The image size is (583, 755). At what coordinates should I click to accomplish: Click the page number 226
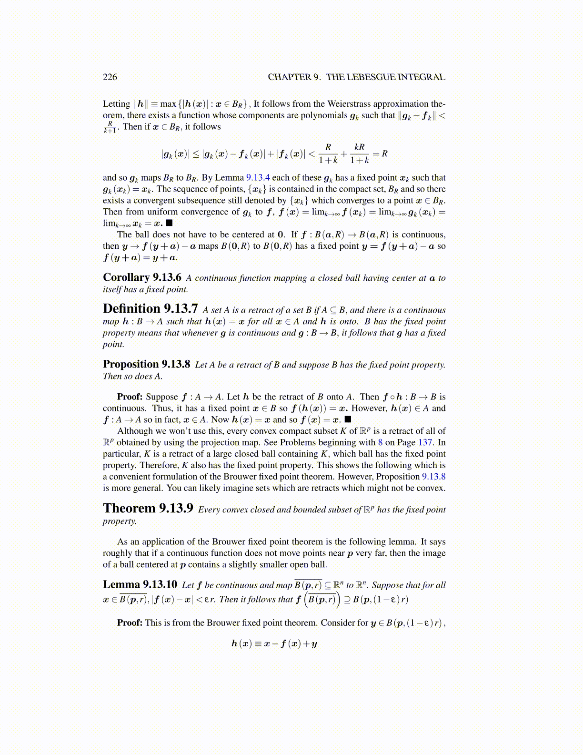point(110,77)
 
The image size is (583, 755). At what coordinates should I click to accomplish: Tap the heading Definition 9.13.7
point(150,309)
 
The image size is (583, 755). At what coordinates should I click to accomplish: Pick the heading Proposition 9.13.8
point(146,364)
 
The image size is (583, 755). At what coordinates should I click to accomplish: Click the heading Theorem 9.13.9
point(148,509)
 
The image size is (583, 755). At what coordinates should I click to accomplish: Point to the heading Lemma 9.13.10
point(140,584)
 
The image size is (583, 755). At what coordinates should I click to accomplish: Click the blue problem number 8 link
point(380,442)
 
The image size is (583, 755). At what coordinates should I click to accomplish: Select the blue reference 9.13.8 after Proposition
point(433,477)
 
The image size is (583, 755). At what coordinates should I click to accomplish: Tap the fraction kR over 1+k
point(360,153)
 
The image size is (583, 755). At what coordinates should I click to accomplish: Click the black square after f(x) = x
point(348,419)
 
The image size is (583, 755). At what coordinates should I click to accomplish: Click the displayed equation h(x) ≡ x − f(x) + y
point(274,643)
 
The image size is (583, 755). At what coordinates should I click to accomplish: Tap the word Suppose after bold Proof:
point(161,397)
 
